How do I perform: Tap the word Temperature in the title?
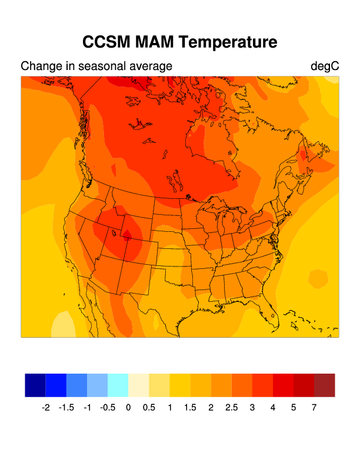[228, 42]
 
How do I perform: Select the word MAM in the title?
[155, 42]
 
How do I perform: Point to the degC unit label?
[325, 66]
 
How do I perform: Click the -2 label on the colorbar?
[46, 407]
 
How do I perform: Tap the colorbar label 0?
[128, 407]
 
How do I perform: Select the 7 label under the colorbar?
[314, 407]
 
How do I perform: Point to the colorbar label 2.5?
[231, 407]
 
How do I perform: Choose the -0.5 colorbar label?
[108, 407]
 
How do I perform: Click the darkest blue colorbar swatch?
[35, 385]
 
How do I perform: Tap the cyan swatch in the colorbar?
[118, 385]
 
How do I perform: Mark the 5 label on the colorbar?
[294, 407]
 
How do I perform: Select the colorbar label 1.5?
[190, 407]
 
